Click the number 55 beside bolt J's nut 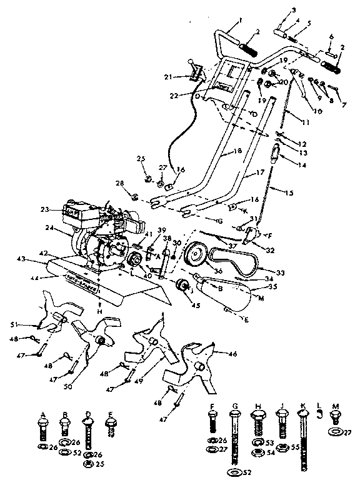[295, 447]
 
